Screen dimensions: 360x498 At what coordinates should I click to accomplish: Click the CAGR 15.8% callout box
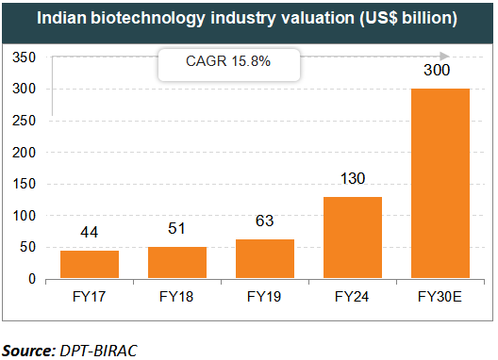point(227,65)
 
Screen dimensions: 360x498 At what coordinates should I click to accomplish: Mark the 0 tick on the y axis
point(32,280)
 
